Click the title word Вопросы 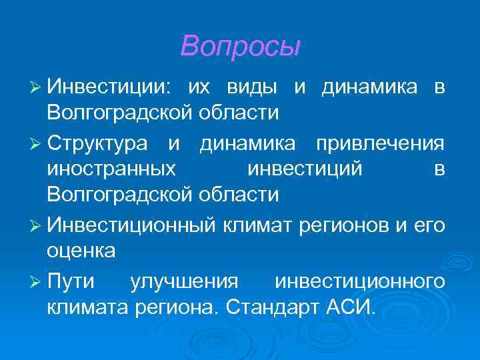click(x=240, y=46)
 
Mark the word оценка click(x=81, y=251)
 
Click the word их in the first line click(x=199, y=87)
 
